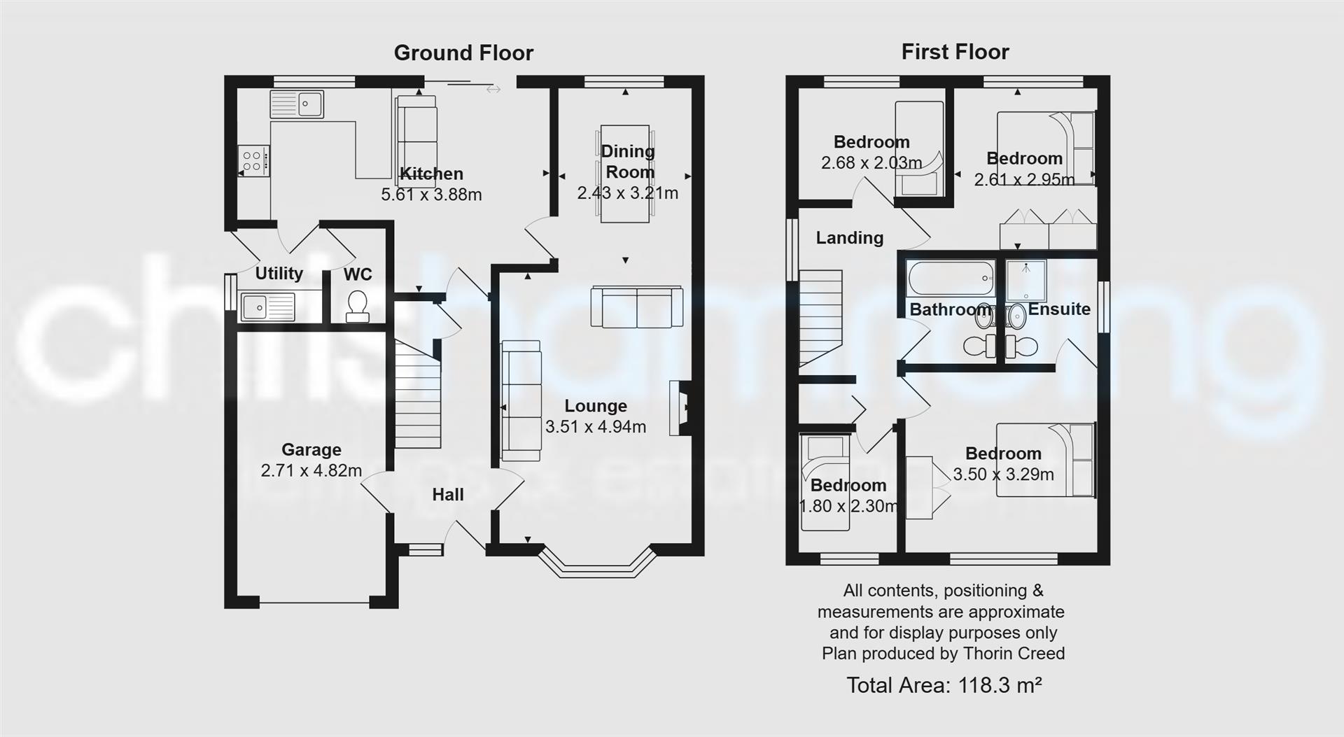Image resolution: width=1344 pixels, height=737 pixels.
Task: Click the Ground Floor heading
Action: [463, 52]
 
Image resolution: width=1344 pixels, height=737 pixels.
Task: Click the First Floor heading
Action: [955, 52]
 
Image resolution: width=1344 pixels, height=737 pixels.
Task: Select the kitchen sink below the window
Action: [297, 104]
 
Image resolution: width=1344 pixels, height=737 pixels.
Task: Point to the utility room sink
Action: [267, 307]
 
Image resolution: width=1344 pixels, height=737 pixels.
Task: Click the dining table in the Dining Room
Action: [625, 174]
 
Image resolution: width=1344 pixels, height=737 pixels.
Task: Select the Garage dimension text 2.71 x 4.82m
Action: [311, 470]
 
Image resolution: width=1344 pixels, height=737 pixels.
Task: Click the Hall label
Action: [448, 495]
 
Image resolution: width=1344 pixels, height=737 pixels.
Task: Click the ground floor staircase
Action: [418, 395]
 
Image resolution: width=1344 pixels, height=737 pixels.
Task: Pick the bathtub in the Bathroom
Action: [951, 279]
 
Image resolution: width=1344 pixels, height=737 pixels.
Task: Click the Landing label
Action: [849, 238]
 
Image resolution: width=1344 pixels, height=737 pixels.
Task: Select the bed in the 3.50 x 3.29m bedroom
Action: [1046, 460]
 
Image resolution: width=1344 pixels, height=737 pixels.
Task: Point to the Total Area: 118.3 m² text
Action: [944, 685]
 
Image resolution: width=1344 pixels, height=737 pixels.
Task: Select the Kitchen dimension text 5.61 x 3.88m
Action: [431, 195]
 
